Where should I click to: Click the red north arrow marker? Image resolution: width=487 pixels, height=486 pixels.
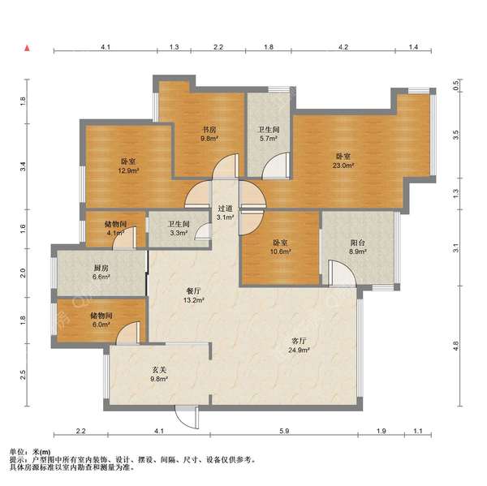[x=28, y=48]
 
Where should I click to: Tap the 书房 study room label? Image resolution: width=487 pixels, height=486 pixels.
[x=209, y=130]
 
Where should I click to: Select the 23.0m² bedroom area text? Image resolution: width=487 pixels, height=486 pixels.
[x=343, y=166]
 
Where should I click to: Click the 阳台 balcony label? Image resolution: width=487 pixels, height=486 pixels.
[x=357, y=243]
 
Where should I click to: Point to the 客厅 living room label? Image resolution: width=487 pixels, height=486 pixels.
[x=299, y=341]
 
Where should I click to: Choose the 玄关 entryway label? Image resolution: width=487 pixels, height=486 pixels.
[x=159, y=370]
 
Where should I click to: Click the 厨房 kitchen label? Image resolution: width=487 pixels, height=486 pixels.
[x=101, y=268]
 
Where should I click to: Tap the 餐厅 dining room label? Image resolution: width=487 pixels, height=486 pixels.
[x=193, y=291]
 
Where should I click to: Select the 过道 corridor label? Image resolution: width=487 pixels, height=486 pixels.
[x=225, y=209]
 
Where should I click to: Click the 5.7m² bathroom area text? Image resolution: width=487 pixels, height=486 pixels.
[x=269, y=139]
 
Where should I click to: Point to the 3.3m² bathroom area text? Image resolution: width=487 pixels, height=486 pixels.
[x=179, y=233]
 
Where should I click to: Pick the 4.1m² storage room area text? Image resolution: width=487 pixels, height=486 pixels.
[x=115, y=233]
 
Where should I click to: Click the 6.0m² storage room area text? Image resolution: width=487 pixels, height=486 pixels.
[x=101, y=325]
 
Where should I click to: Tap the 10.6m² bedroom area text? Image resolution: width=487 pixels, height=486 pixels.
[x=281, y=252]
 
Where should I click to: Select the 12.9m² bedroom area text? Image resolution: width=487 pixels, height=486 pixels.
[x=128, y=170]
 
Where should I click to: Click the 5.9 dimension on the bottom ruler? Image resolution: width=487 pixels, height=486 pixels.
[x=284, y=431]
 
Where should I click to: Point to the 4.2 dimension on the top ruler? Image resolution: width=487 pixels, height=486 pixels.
[x=343, y=47]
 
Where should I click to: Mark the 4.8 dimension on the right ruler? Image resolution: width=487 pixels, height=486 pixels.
[x=455, y=345]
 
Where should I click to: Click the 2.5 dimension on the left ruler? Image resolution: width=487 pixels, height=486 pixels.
[x=23, y=375]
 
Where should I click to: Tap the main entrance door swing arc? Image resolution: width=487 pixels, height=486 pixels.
[x=183, y=420]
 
